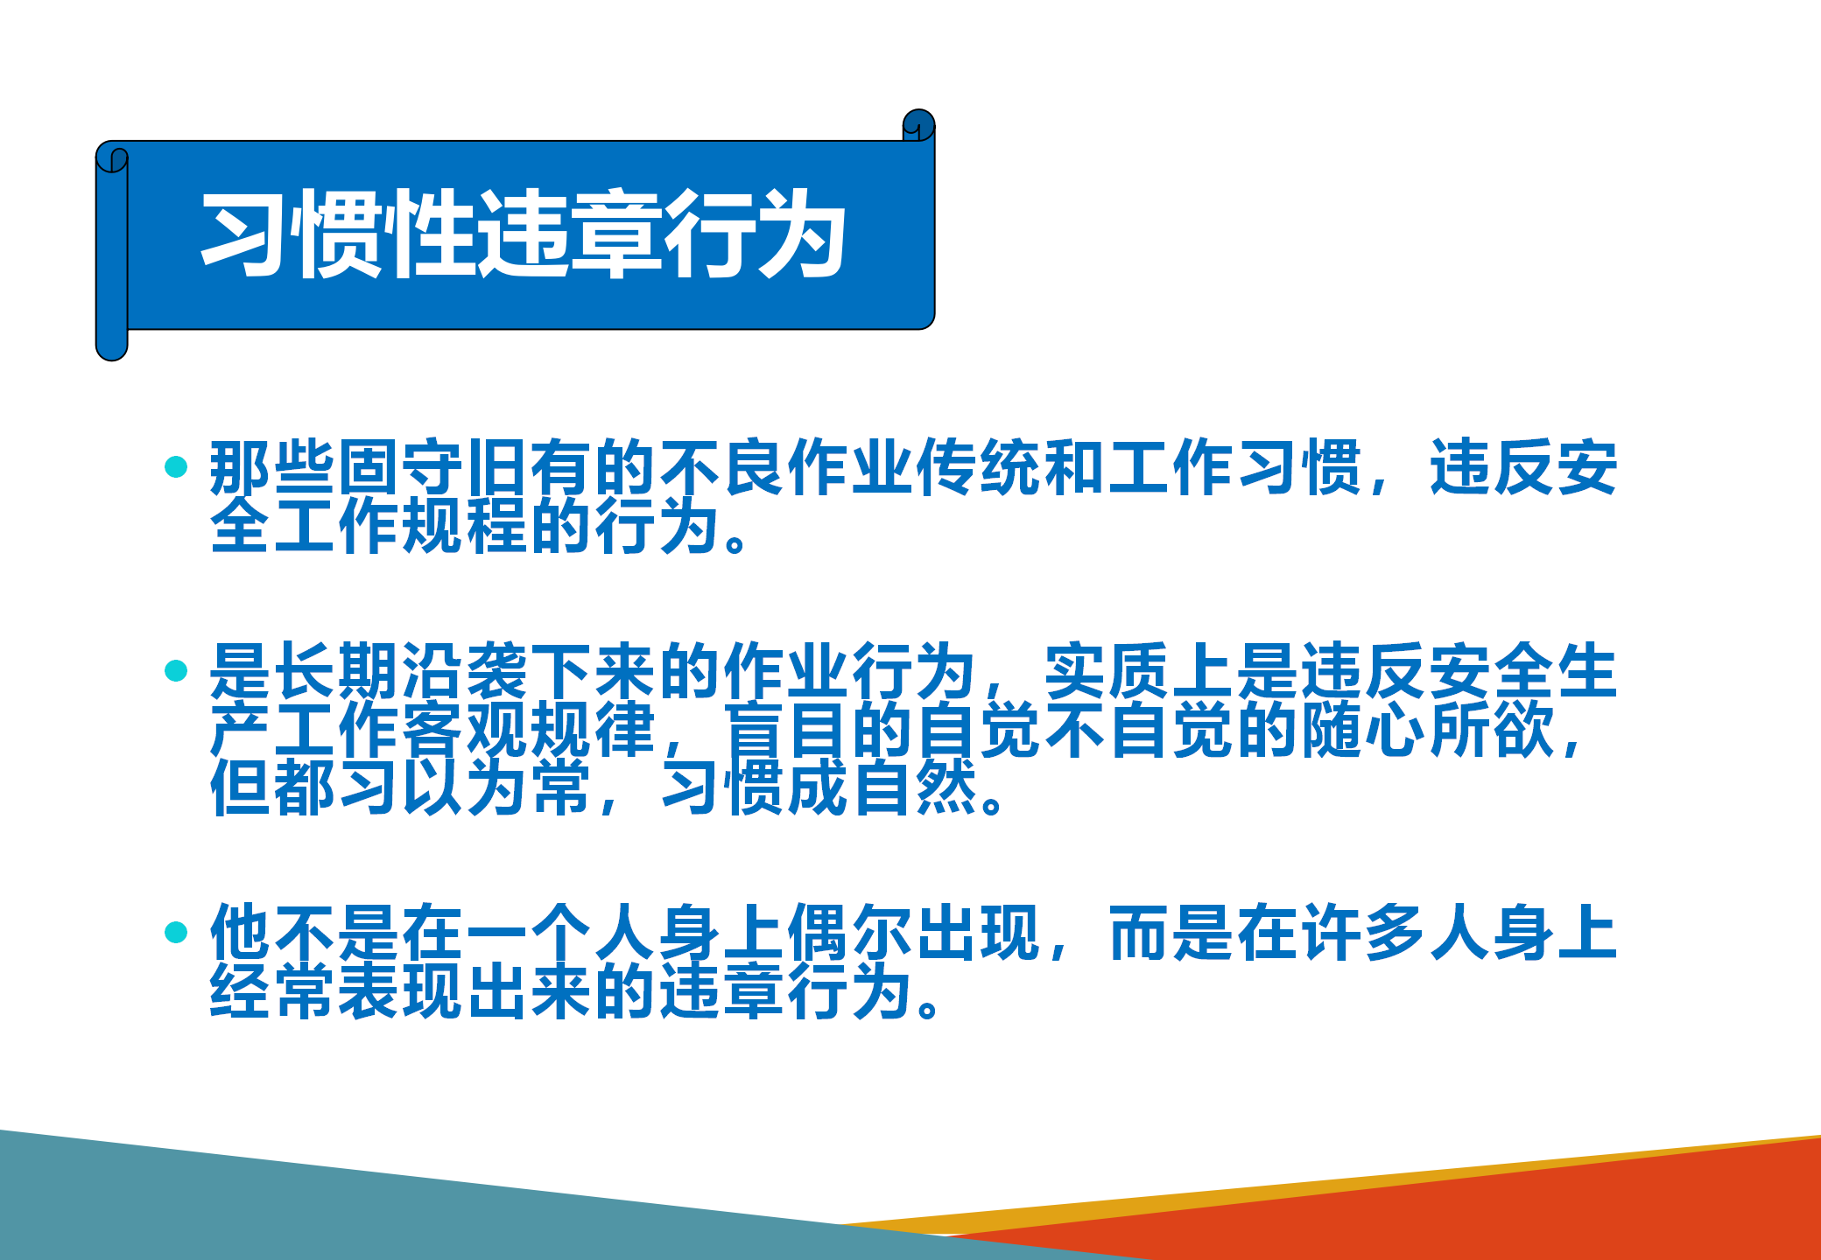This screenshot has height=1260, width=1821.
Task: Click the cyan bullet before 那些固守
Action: pyautogui.click(x=176, y=466)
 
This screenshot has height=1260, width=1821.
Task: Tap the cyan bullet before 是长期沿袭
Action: pyautogui.click(x=176, y=670)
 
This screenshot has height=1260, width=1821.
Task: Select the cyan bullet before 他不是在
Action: pyautogui.click(x=176, y=932)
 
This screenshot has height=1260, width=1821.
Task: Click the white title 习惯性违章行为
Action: pyautogui.click(x=524, y=234)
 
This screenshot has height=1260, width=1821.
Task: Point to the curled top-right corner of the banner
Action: pyautogui.click(x=919, y=125)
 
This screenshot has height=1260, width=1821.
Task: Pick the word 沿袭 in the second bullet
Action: pyautogui.click(x=466, y=671)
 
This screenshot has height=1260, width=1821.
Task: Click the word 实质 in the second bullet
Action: pyautogui.click(x=1108, y=671)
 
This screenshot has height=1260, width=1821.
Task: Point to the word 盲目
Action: pyautogui.click(x=787, y=729)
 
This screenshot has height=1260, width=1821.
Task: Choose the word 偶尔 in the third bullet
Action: pyautogui.click(x=851, y=933)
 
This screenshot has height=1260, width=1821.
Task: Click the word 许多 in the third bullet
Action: pyautogui.click(x=1366, y=933)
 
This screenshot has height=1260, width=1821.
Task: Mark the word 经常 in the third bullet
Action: pyautogui.click(x=273, y=991)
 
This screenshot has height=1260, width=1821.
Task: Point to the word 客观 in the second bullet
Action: pyautogui.click(x=466, y=729)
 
